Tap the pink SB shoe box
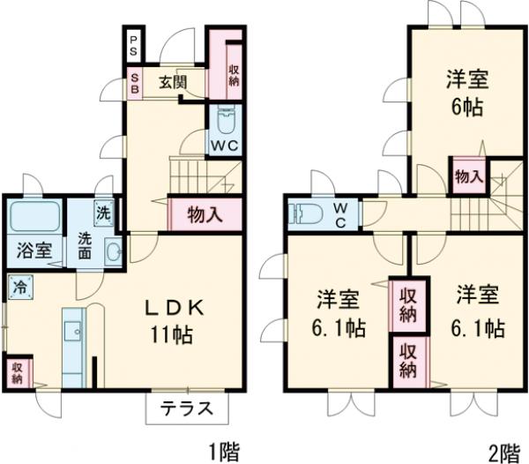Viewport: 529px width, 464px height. [134, 84]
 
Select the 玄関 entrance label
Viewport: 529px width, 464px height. [173, 84]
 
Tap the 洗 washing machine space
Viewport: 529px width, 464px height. [104, 212]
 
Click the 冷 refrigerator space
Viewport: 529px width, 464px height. [19, 287]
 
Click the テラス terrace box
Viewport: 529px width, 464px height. [187, 408]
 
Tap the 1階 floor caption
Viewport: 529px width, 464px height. [223, 453]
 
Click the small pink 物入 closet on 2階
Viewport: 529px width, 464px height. [468, 176]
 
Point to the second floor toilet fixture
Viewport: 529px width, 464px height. [304, 213]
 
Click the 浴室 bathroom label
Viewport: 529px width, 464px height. [31, 250]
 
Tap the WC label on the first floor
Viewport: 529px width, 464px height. [222, 146]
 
